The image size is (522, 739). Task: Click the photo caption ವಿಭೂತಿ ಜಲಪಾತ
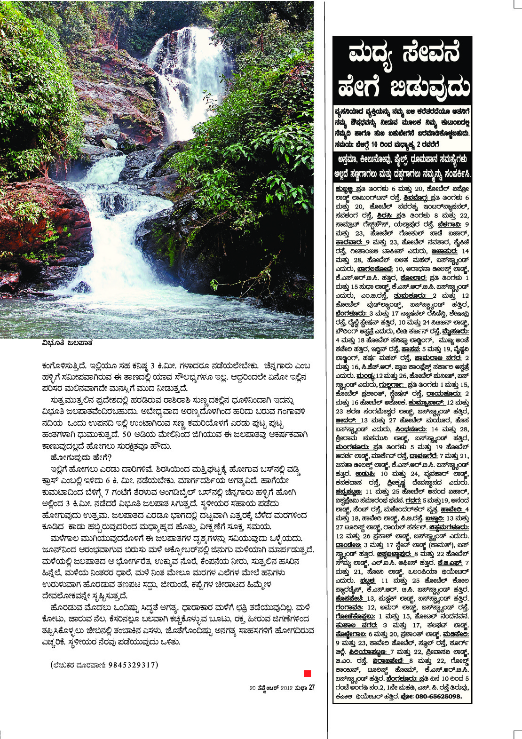click(67, 343)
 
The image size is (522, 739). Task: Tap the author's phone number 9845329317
click(133, 665)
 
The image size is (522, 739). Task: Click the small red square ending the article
click(308, 673)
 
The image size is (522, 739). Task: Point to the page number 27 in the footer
click(311, 688)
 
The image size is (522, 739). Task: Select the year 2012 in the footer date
click(287, 688)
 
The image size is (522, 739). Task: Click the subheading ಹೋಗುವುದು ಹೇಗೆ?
click(81, 457)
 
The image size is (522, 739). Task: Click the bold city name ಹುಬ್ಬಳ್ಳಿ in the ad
click(345, 189)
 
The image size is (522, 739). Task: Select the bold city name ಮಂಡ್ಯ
click(365, 376)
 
